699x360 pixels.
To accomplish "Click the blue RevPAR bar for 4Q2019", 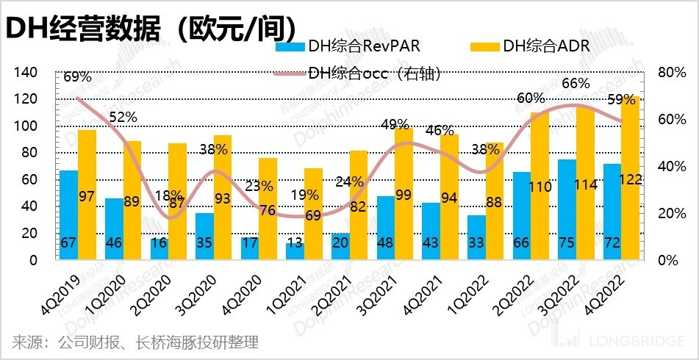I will (x=68, y=215).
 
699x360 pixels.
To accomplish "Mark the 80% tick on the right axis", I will (x=667, y=73).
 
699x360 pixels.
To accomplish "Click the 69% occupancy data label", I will (x=77, y=76).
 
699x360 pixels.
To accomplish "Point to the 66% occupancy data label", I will (x=576, y=84).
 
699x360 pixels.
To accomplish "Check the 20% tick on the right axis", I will (x=667, y=214).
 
